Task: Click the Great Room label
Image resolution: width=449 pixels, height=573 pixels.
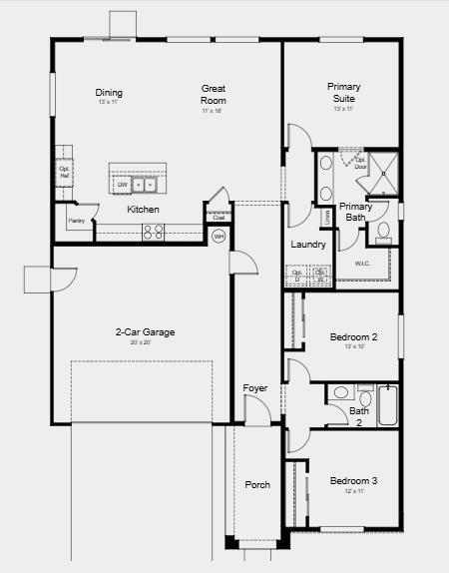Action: point(214,95)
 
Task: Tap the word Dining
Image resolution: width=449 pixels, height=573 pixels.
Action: point(109,93)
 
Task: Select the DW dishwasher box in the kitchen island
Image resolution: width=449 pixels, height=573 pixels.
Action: point(123,185)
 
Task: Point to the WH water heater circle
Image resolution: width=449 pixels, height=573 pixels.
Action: point(219,237)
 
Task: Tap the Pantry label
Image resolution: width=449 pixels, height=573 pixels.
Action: point(76,220)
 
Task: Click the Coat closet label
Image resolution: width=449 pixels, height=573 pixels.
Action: point(218,216)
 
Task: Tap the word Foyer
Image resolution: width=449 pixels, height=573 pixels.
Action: point(256,388)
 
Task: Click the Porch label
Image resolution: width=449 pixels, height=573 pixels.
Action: point(257,485)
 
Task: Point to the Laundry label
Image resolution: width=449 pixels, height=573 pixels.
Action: point(308,245)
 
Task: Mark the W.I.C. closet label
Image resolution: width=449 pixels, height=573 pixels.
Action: point(362,264)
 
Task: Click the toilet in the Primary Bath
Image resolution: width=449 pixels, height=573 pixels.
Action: point(384,232)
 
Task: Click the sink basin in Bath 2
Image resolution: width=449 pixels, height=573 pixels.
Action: point(338,392)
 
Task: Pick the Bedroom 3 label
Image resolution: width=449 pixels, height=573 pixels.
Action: point(353,481)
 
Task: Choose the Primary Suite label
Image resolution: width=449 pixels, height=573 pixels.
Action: point(344,93)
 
